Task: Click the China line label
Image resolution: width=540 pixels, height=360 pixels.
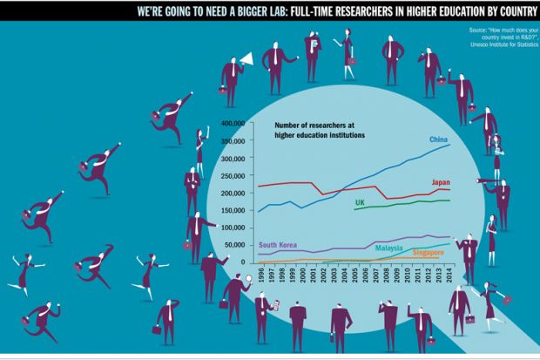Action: (439, 139)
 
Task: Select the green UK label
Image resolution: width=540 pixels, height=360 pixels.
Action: (359, 203)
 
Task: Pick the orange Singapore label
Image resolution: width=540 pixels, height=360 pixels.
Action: (428, 253)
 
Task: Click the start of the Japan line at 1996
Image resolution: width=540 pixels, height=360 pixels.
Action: (259, 187)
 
